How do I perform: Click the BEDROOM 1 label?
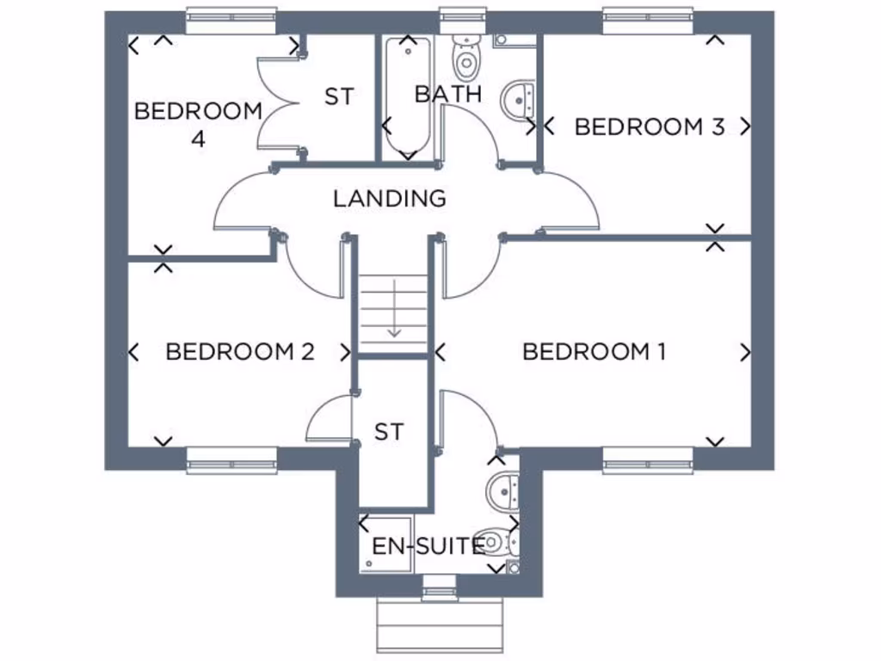[x=595, y=352]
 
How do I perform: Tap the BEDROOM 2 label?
[x=239, y=352]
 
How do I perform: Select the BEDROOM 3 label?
[x=650, y=127]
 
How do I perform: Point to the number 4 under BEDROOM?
[x=198, y=139]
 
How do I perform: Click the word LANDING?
[x=390, y=199]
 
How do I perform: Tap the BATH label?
[x=447, y=94]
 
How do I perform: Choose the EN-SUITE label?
[x=428, y=546]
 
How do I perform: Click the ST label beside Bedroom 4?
[x=339, y=96]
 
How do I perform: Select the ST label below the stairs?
[x=389, y=431]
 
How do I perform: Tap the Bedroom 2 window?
[x=231, y=460]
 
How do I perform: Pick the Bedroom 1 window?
[x=648, y=460]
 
